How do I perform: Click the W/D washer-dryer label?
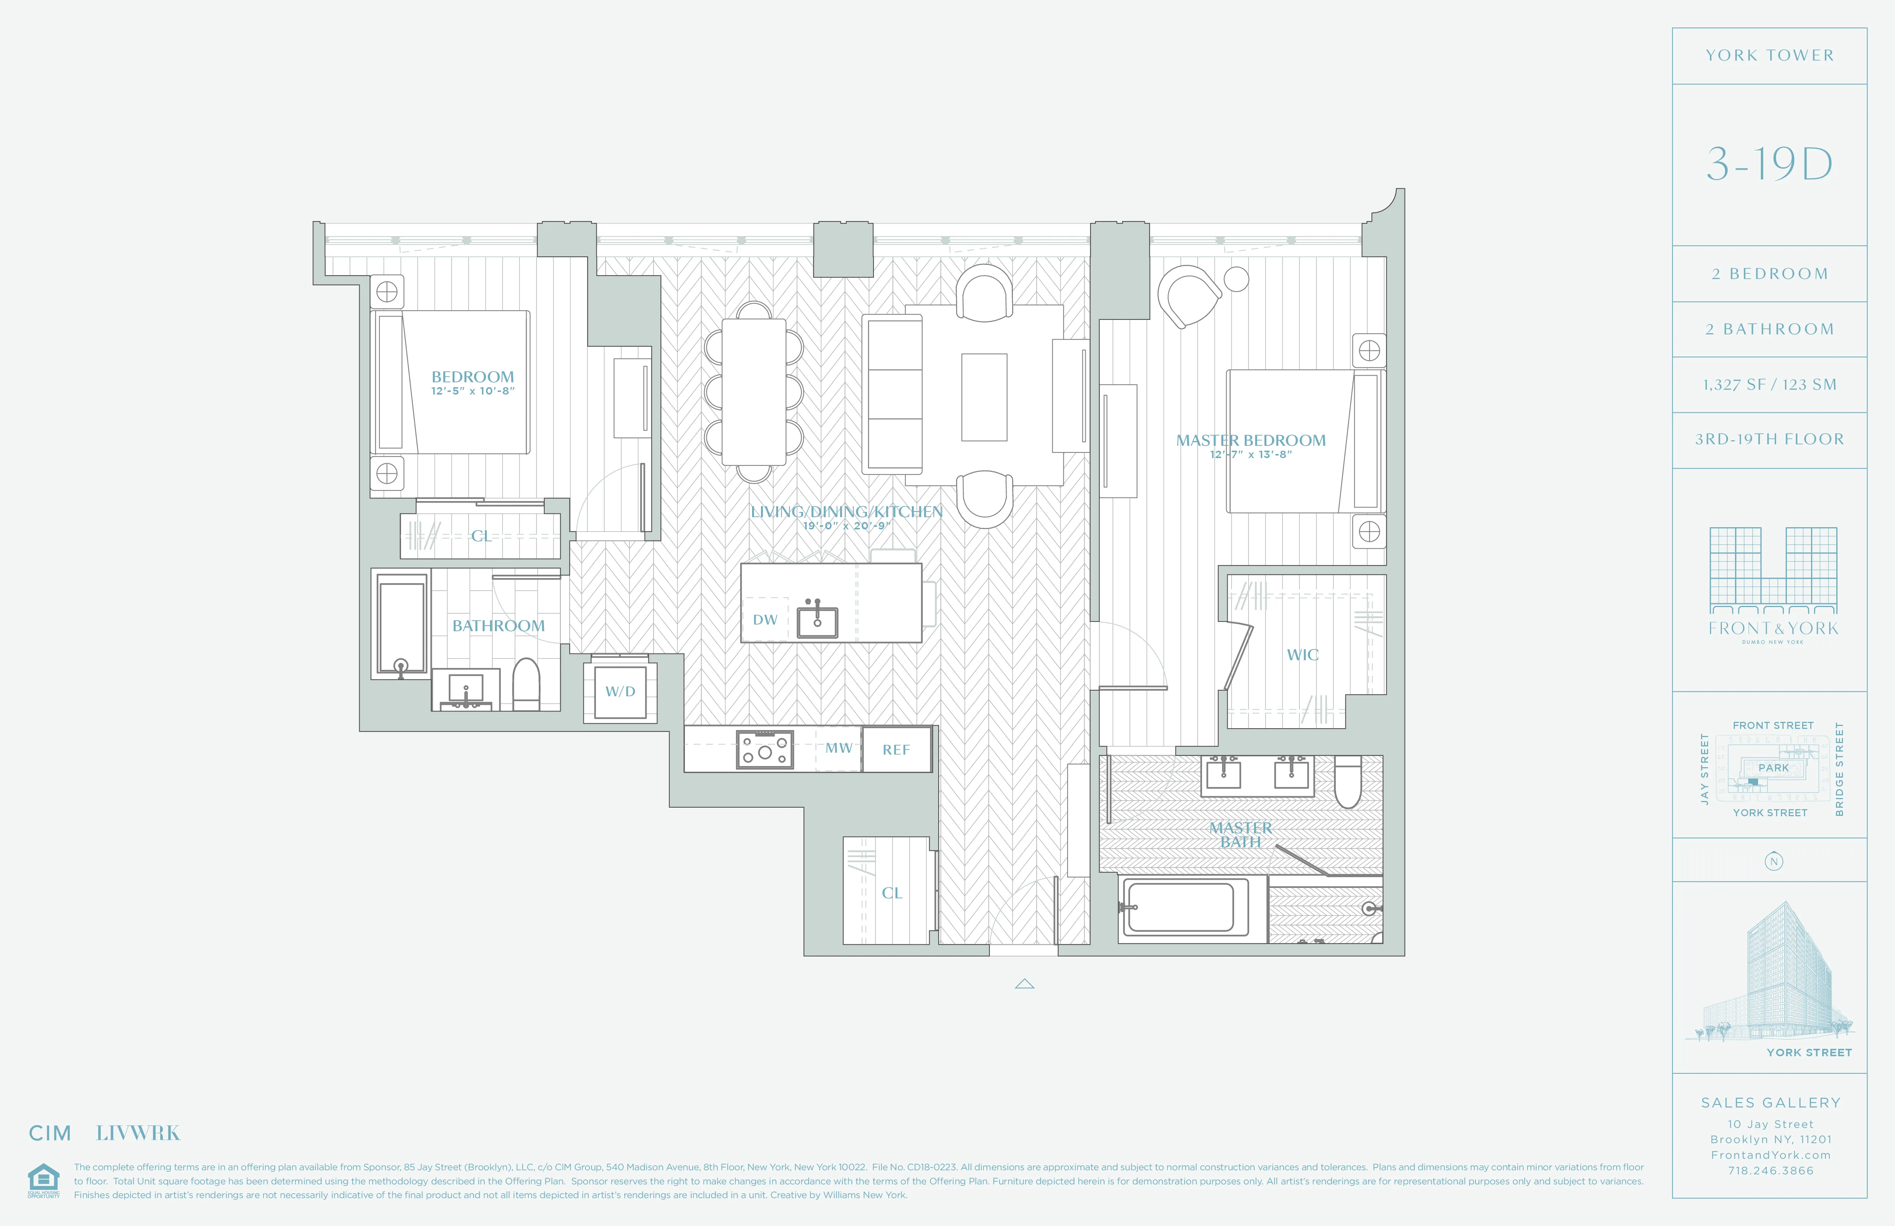click(x=620, y=691)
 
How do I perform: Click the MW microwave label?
click(x=838, y=747)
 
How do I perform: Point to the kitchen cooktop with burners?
click(x=764, y=749)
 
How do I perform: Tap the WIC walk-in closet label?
click(x=1303, y=654)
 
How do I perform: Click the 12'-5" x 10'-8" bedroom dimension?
click(x=473, y=391)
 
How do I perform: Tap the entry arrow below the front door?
click(x=1024, y=984)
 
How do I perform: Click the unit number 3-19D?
click(x=1769, y=164)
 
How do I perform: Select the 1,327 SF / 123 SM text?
click(x=1769, y=385)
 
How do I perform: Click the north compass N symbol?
click(x=1773, y=862)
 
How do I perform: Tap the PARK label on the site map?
click(x=1773, y=768)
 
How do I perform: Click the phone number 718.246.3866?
click(x=1770, y=1170)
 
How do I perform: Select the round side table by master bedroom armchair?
click(x=1236, y=279)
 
